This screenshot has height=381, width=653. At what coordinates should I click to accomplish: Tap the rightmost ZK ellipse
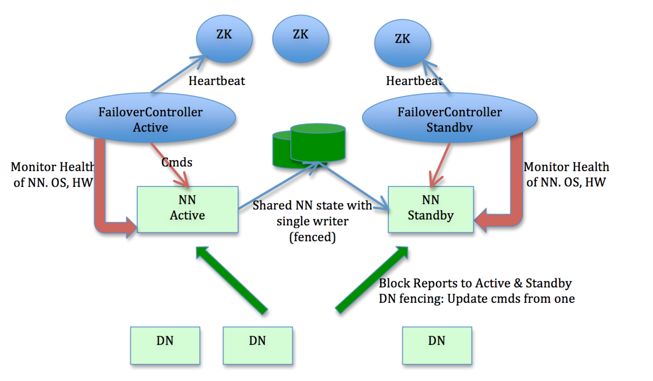(x=402, y=43)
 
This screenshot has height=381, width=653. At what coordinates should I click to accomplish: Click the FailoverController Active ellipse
(x=151, y=118)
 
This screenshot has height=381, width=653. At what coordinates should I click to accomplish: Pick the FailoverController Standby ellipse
(x=449, y=118)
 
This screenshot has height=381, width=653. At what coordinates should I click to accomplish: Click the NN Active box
(x=187, y=209)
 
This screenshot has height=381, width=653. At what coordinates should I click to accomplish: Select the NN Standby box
(x=431, y=209)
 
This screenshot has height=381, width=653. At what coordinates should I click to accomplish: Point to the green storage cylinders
(x=310, y=145)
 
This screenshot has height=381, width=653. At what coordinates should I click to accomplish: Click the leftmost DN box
(x=165, y=345)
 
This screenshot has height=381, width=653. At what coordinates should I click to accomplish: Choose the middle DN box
(x=258, y=345)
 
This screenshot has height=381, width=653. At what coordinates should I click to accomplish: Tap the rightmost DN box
(x=437, y=345)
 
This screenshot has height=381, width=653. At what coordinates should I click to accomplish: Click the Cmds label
(x=177, y=162)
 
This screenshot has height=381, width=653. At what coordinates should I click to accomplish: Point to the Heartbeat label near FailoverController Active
(x=217, y=81)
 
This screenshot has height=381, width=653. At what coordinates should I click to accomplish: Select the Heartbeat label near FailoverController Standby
(x=414, y=81)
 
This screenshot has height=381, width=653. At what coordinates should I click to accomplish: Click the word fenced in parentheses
(x=312, y=237)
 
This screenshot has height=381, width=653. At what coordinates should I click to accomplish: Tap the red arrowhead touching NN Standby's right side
(x=482, y=220)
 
